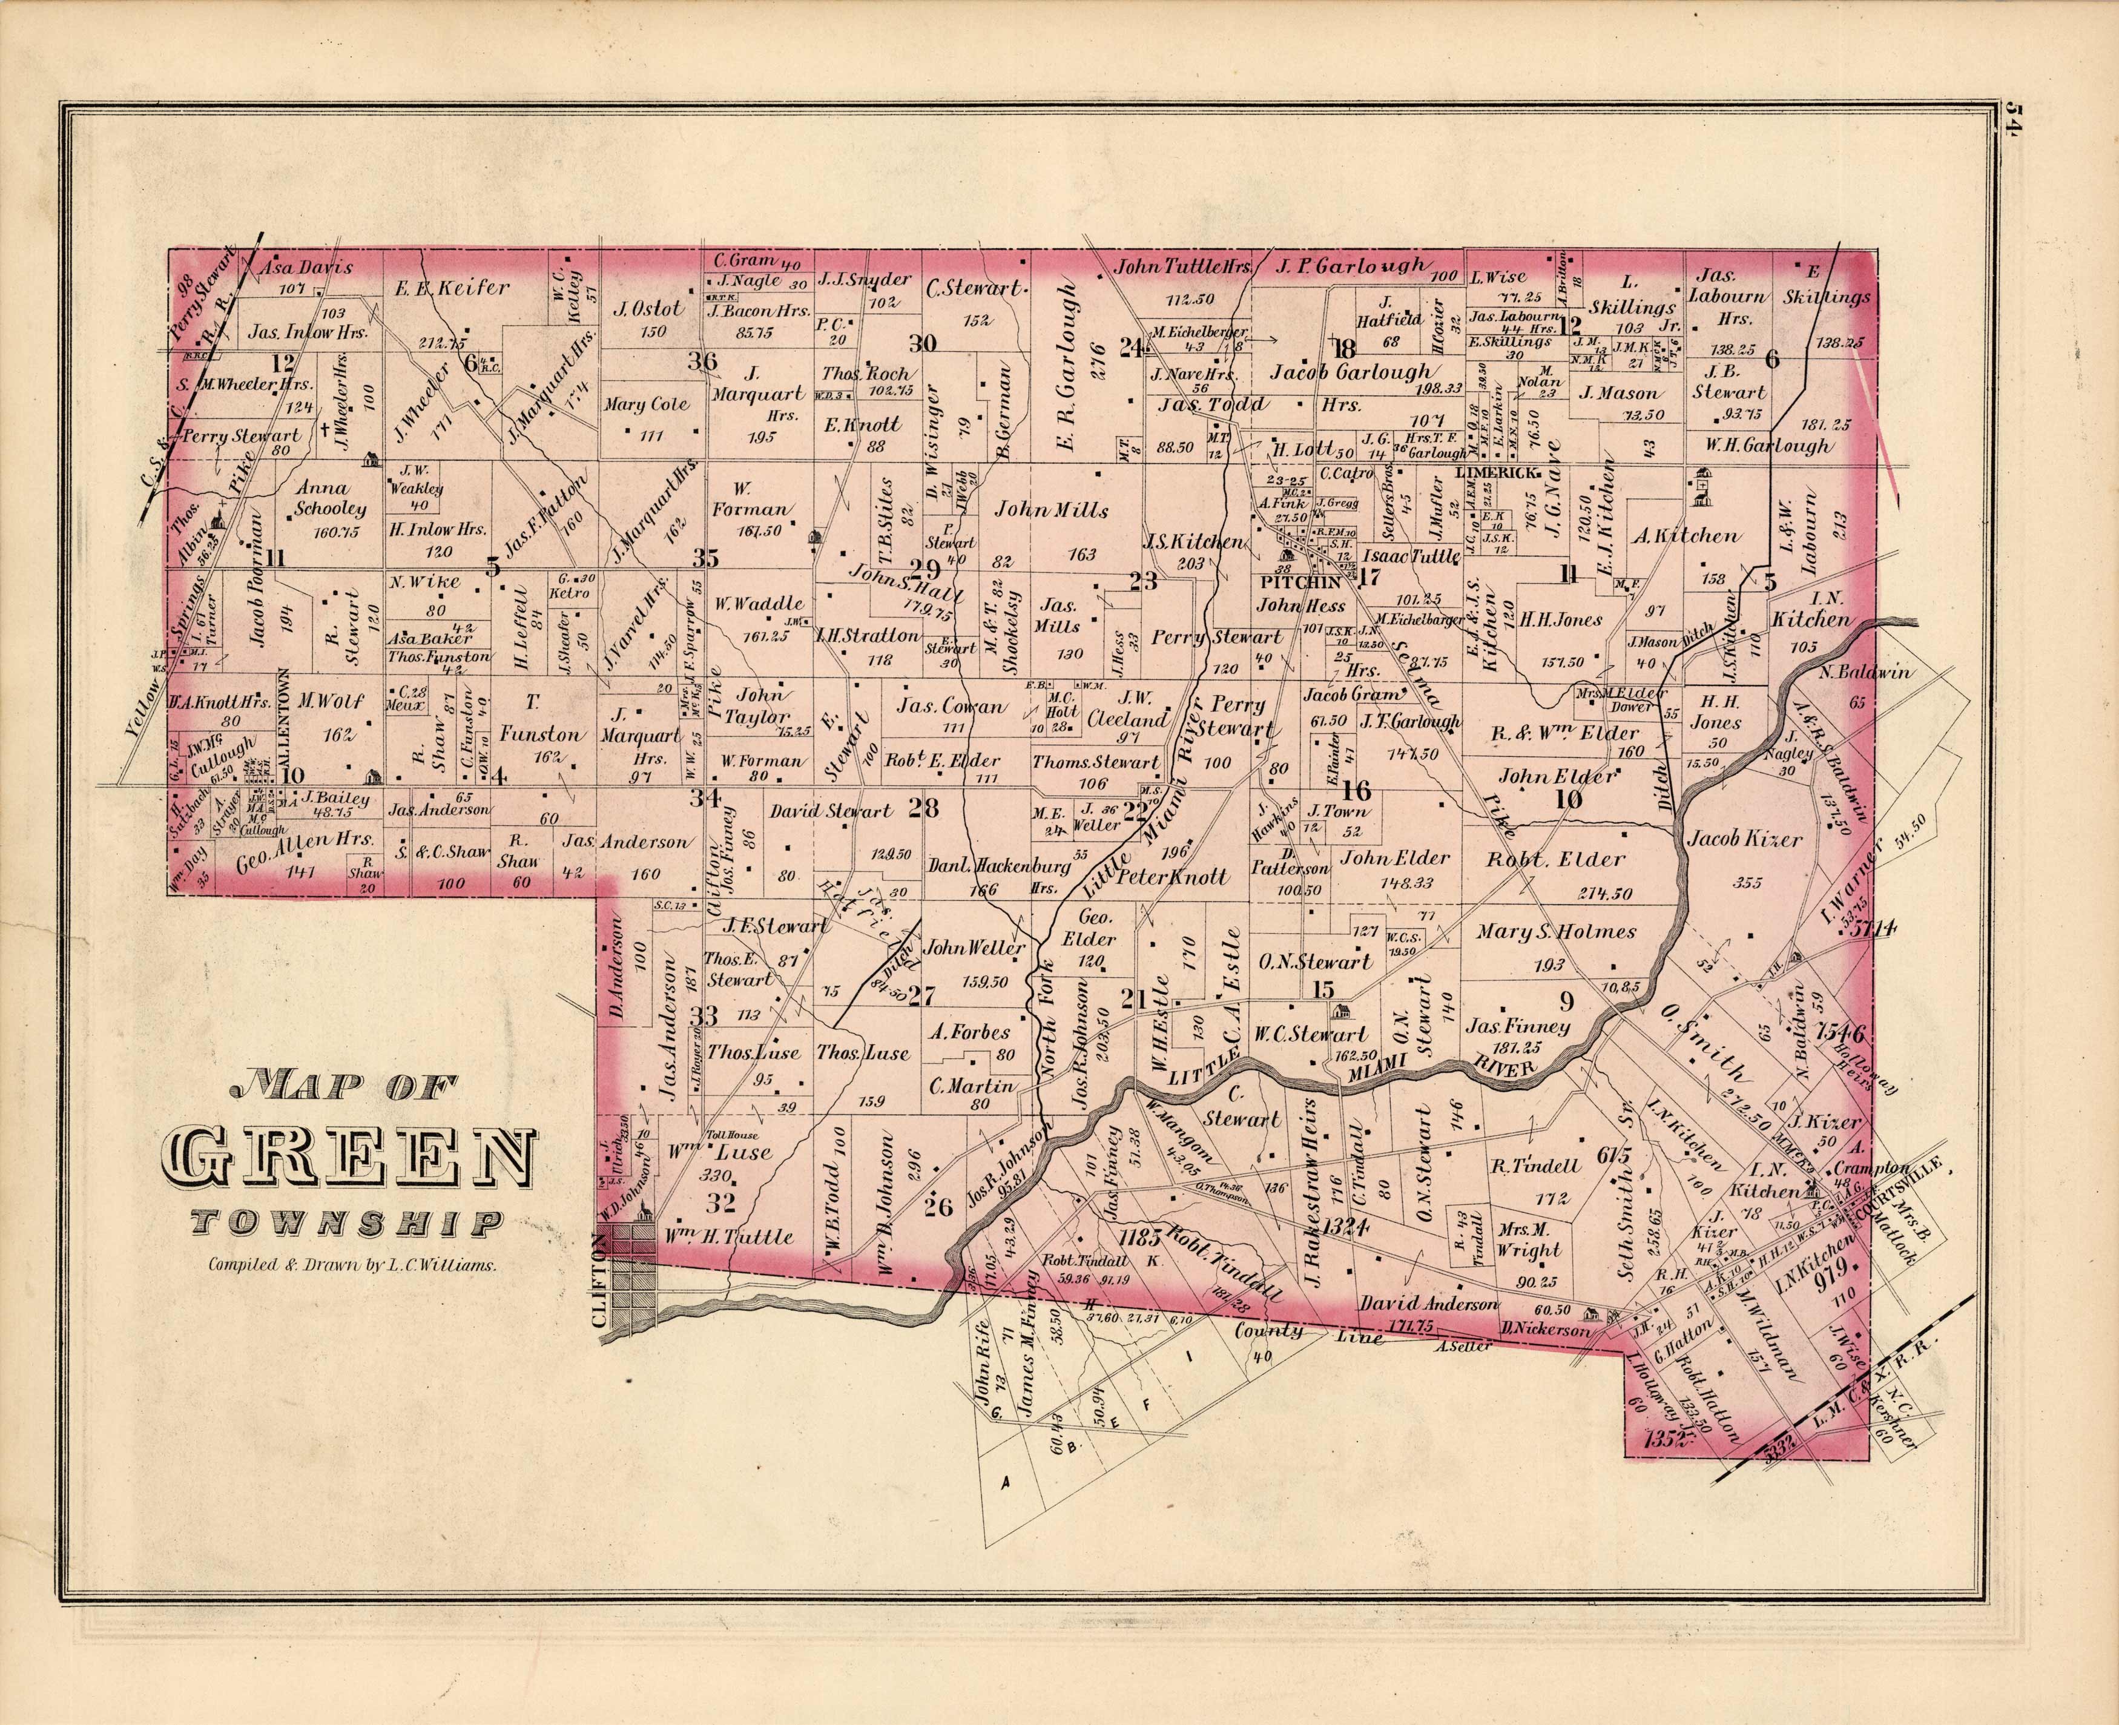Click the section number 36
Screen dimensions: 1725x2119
(x=704, y=361)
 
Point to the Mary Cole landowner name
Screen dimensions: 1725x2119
(x=647, y=404)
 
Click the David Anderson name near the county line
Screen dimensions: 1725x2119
(x=1428, y=1302)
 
